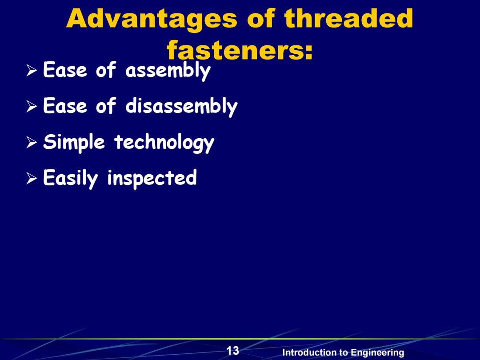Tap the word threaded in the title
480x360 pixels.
[x=348, y=18]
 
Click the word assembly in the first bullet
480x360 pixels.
[x=168, y=71]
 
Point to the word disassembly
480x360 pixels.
[x=181, y=106]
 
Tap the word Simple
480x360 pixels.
[x=74, y=142]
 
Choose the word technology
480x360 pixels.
[x=164, y=142]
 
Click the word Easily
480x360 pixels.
[x=70, y=179]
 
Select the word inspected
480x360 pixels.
[x=152, y=179]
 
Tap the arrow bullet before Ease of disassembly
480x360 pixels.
[x=32, y=106]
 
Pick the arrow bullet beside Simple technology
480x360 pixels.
[x=32, y=142]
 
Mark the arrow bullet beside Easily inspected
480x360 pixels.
[x=32, y=178]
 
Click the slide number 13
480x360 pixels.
[x=232, y=351]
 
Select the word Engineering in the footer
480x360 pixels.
[x=377, y=353]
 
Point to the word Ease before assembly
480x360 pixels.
[x=65, y=70]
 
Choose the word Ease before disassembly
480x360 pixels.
[x=65, y=106]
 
